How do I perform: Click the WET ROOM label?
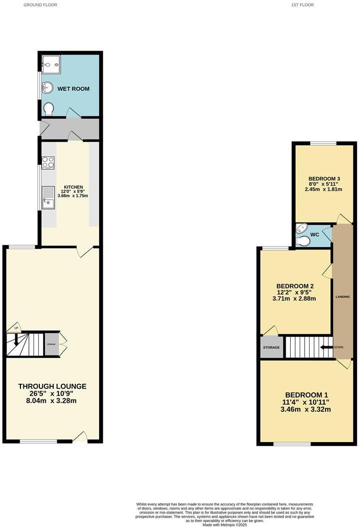73,89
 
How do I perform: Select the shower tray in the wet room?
50,63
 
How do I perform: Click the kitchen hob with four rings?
49,162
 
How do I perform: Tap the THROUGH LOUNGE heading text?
52,386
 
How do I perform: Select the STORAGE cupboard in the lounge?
51,345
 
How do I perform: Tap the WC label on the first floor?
315,235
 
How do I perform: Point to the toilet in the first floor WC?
303,241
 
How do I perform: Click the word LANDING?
343,296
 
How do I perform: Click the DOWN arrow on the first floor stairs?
327,347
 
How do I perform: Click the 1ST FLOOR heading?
303,5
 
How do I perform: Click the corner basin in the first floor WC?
299,229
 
